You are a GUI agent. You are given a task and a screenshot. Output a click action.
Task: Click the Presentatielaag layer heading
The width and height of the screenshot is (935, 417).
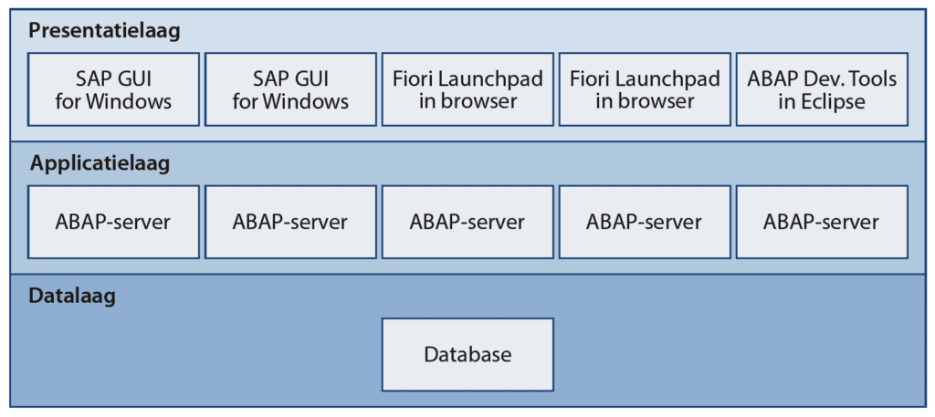coord(104,31)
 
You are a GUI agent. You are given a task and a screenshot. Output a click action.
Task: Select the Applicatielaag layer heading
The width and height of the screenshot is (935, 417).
coord(100,164)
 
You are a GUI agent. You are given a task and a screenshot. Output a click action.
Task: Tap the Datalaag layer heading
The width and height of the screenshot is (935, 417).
coord(72,297)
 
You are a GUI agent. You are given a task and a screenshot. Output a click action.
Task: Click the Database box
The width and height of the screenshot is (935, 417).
coord(467,355)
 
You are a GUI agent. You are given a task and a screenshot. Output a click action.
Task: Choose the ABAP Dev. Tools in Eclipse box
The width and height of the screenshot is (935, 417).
coord(822,89)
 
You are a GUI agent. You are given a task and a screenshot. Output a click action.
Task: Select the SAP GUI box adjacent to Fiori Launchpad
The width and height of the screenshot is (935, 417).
coord(290,89)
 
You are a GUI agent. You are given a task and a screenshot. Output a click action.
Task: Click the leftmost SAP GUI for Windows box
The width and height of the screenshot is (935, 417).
coord(113,89)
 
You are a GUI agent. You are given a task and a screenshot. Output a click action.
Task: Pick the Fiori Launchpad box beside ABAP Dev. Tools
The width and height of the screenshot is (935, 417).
coord(645,89)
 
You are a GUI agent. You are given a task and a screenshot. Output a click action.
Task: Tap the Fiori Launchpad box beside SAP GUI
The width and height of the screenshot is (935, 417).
coord(467,89)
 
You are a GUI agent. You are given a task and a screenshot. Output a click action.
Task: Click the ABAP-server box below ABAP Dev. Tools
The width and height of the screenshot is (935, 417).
coord(822,222)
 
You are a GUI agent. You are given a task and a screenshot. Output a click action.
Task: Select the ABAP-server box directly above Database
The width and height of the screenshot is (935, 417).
coord(467,222)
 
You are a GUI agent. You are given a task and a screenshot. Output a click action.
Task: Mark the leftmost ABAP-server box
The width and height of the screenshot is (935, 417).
coord(113,222)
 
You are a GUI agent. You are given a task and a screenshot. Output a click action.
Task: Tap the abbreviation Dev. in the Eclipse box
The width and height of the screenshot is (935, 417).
coord(825,78)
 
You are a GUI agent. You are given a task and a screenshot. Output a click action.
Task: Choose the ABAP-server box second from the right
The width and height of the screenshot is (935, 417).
coord(645,222)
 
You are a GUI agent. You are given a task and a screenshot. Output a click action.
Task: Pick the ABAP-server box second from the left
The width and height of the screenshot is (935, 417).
coord(290,222)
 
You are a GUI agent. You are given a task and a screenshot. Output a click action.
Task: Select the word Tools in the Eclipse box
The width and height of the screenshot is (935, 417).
coord(873,78)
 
